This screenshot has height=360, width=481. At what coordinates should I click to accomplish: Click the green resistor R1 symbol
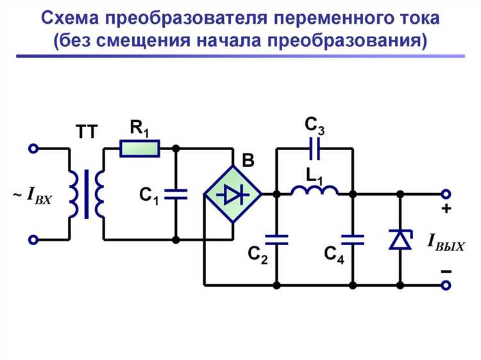click(140, 149)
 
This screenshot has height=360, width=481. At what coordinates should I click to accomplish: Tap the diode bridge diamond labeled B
click(232, 193)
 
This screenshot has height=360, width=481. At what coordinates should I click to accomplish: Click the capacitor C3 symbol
click(314, 149)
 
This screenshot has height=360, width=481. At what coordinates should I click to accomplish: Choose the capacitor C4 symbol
click(352, 240)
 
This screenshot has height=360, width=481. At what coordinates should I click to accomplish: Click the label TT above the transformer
click(87, 133)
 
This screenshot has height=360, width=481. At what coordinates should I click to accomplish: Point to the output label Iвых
click(446, 243)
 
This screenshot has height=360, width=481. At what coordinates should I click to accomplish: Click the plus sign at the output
click(446, 210)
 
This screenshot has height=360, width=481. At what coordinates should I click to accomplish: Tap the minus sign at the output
click(446, 271)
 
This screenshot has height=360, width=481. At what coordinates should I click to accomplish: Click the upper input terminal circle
click(34, 149)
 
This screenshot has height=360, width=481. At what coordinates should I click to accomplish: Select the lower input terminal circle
click(34, 240)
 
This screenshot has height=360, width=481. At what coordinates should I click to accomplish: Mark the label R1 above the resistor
click(139, 128)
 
